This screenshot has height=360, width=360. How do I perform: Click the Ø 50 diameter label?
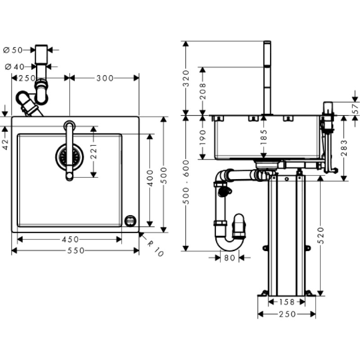pyautogui.click(x=13, y=50)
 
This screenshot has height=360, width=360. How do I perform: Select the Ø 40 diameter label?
pyautogui.click(x=14, y=67)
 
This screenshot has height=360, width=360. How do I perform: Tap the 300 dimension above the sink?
pyautogui.click(x=105, y=78)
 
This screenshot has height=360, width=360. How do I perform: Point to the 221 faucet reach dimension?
pyautogui.click(x=94, y=152)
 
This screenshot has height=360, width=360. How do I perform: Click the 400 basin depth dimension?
pyautogui.click(x=150, y=178)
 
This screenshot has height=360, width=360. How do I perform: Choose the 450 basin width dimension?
pyautogui.click(x=70, y=239)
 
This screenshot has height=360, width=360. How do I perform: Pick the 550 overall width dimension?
pyautogui.click(x=76, y=251)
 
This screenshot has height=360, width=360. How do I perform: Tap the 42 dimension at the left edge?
pyautogui.click(x=5, y=144)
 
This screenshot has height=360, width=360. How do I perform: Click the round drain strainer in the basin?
pyautogui.click(x=69, y=157)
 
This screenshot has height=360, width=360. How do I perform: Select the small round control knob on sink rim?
pyautogui.click(x=130, y=221)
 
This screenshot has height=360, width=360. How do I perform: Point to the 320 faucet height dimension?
pyautogui.click(x=186, y=78)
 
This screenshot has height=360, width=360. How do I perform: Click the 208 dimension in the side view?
pyautogui.click(x=202, y=91)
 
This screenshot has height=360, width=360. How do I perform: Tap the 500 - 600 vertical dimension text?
pyautogui.click(x=186, y=182)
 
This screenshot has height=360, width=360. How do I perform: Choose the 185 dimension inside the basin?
pyautogui.click(x=264, y=137)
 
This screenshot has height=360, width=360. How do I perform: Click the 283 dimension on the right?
pyautogui.click(x=344, y=148)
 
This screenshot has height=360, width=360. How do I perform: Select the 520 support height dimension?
pyautogui.click(x=321, y=235)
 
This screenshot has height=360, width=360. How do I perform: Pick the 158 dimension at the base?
pyautogui.click(x=287, y=302)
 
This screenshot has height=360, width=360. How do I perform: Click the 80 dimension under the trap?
pyautogui.click(x=229, y=258)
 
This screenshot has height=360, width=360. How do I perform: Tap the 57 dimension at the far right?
pyautogui.click(x=355, y=108)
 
